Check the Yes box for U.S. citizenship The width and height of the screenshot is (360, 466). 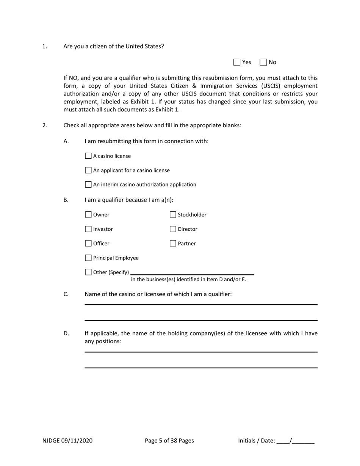[237, 62]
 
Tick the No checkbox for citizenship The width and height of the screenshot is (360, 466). [263, 62]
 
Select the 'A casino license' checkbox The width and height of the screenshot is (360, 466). [88, 156]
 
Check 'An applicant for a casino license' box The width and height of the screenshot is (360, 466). [88, 170]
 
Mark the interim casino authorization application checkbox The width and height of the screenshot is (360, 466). [88, 185]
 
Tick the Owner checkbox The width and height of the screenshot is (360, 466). [88, 215]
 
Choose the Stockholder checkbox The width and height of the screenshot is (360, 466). [173, 215]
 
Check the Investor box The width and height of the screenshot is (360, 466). [88, 229]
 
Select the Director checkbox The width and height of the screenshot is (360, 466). [173, 229]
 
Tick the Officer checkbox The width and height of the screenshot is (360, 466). [88, 244]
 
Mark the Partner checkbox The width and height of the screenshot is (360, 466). [173, 244]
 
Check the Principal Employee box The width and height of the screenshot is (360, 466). [88, 258]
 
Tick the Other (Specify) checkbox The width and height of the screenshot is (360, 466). [88, 272]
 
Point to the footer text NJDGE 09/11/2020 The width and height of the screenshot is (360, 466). [67, 441]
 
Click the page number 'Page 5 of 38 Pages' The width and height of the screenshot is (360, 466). [169, 441]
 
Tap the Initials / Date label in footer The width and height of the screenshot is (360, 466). [257, 441]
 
